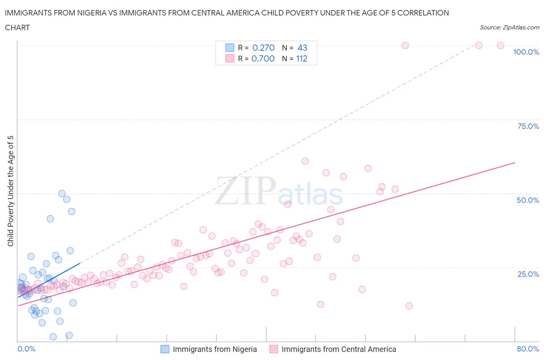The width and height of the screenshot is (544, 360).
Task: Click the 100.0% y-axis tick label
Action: pos(526,52)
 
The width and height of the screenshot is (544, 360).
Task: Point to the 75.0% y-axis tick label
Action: pos(528,127)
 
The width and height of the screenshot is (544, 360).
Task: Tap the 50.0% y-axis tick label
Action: pos(528,201)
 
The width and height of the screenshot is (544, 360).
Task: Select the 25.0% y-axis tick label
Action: pos(528,274)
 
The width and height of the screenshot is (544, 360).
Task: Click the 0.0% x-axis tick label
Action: pos(26,349)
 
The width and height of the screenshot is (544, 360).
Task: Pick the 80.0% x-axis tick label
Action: pos(528,349)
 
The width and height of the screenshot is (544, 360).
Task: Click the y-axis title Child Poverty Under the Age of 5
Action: pos(11,191)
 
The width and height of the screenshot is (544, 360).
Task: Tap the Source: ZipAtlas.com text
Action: pos(509,27)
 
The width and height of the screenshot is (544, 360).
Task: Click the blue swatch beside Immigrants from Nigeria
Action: pos(165,349)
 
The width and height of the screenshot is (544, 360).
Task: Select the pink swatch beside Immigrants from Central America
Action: pos(274,349)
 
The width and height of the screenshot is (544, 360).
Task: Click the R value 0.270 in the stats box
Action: pos(263,48)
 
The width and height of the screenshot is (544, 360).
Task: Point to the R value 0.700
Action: pos(263,59)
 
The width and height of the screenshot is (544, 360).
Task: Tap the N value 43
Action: pos(302,48)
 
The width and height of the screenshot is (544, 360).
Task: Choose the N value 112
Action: pos(301,59)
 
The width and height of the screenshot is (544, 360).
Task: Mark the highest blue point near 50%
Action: pos(62,194)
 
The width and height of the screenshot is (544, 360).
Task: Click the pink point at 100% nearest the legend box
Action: pos(405,45)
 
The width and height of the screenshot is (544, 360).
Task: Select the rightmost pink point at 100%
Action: pos(500,45)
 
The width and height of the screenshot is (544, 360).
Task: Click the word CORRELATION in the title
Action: pos(423,13)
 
